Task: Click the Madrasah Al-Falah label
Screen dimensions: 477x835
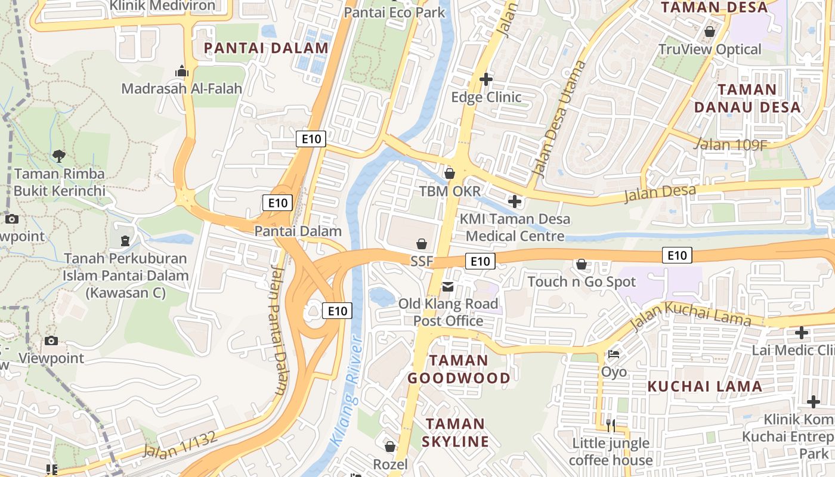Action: pos(182,89)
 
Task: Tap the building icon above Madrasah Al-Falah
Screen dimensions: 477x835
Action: pos(182,72)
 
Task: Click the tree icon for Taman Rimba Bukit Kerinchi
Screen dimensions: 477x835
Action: pos(59,156)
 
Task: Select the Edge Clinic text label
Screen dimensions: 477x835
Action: pos(486,97)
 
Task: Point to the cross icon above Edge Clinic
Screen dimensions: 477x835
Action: pos(486,79)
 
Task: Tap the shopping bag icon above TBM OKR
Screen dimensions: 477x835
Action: pos(450,174)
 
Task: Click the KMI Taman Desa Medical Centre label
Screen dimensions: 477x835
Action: pos(515,227)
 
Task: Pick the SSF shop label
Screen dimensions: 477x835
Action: pos(421,261)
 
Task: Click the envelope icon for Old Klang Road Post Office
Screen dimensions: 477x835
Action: pos(448,287)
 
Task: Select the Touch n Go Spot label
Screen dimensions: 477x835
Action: pos(582,281)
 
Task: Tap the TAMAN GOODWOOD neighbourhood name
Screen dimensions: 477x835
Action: pos(459,369)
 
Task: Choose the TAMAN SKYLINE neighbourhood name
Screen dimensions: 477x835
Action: pos(455,433)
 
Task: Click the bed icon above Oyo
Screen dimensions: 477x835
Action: pos(614,354)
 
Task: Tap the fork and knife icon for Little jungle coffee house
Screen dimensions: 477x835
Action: pos(610,425)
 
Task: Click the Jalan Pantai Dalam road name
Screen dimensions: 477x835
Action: pos(277,330)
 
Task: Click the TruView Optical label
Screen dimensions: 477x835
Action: pos(710,49)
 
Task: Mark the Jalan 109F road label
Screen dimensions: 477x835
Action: pos(731,144)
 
